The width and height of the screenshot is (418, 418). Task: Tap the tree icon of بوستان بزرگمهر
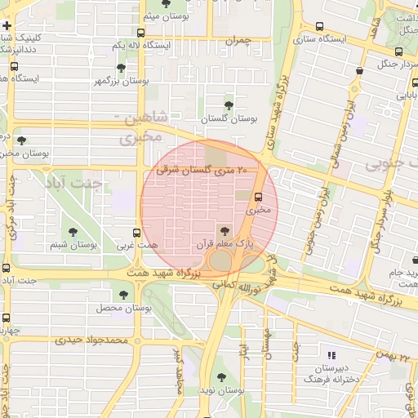click(x=122, y=68)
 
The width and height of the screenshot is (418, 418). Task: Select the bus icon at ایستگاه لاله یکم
click(x=141, y=33)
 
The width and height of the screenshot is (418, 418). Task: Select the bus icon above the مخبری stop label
click(x=259, y=197)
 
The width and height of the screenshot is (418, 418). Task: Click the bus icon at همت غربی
click(x=136, y=232)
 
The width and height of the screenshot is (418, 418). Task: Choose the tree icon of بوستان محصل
click(x=123, y=295)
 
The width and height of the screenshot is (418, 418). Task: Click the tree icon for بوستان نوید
click(x=224, y=376)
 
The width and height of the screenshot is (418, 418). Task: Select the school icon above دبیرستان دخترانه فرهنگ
click(x=331, y=355)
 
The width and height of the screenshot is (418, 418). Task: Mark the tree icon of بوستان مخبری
click(x=21, y=140)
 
